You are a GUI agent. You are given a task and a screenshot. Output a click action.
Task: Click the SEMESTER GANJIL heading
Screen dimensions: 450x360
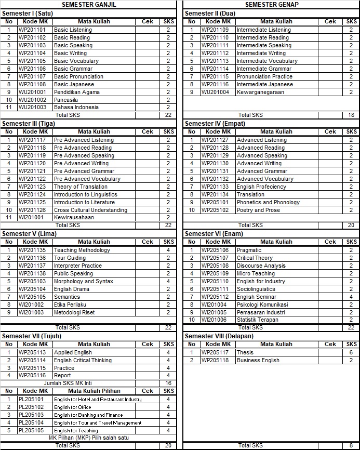[x=89, y=4]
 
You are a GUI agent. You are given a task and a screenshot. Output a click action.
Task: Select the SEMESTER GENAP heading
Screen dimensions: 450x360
[x=272, y=4]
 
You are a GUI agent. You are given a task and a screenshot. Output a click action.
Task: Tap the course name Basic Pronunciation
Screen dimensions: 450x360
[x=78, y=76]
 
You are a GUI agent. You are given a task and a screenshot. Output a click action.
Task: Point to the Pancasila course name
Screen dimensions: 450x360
[x=66, y=100]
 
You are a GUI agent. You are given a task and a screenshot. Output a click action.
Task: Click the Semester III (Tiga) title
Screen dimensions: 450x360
[x=29, y=124]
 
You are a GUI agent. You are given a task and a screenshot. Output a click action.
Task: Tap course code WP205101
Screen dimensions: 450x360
[x=215, y=202]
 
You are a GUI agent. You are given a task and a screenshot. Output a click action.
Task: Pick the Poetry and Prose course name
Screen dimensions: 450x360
[x=258, y=210]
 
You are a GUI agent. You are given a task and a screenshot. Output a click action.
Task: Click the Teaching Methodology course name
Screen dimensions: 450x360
[x=82, y=250]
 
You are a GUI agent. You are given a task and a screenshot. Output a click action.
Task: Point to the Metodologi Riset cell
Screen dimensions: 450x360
[x=74, y=312]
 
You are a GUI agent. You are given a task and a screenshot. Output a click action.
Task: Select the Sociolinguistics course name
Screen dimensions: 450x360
[x=256, y=289]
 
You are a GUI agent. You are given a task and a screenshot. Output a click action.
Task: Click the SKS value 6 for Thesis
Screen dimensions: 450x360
[x=351, y=352]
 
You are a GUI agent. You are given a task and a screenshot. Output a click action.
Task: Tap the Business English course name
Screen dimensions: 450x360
[x=258, y=360]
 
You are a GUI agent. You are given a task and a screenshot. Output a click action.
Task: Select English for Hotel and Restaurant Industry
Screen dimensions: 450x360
[x=98, y=399]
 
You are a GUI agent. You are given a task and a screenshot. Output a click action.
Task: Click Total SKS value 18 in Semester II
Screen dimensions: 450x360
[x=351, y=115]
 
